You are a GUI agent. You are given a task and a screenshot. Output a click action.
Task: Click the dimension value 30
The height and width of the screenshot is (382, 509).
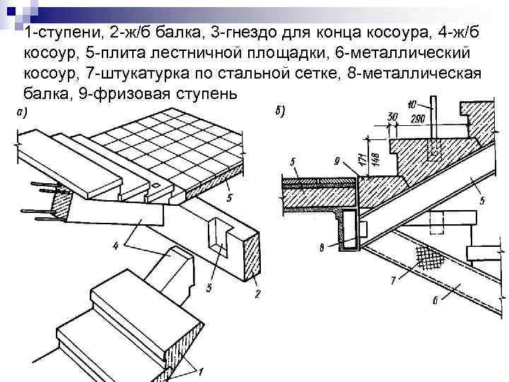coord(392,115)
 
